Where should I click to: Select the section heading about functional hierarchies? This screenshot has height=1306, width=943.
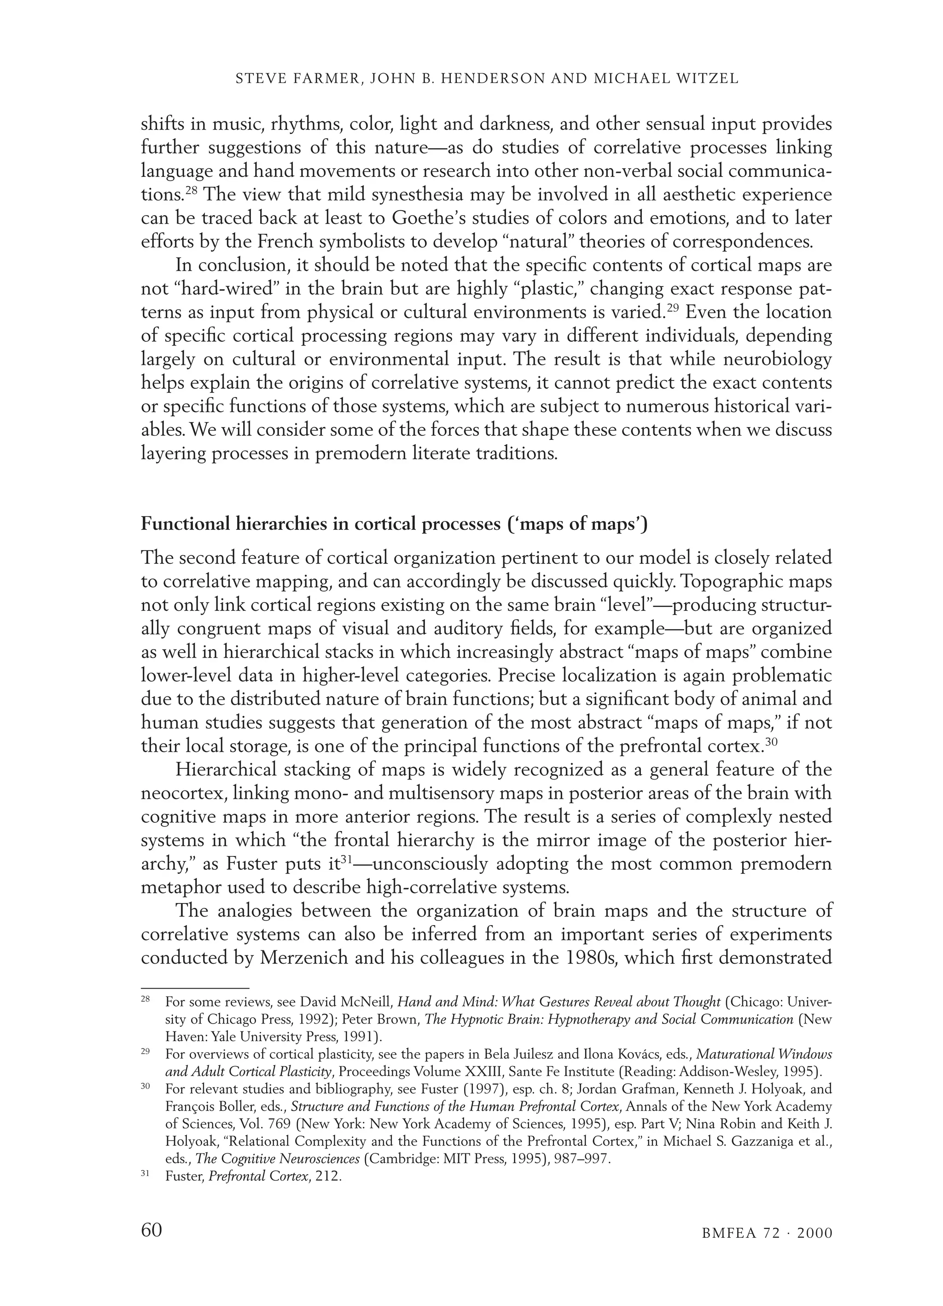394,525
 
